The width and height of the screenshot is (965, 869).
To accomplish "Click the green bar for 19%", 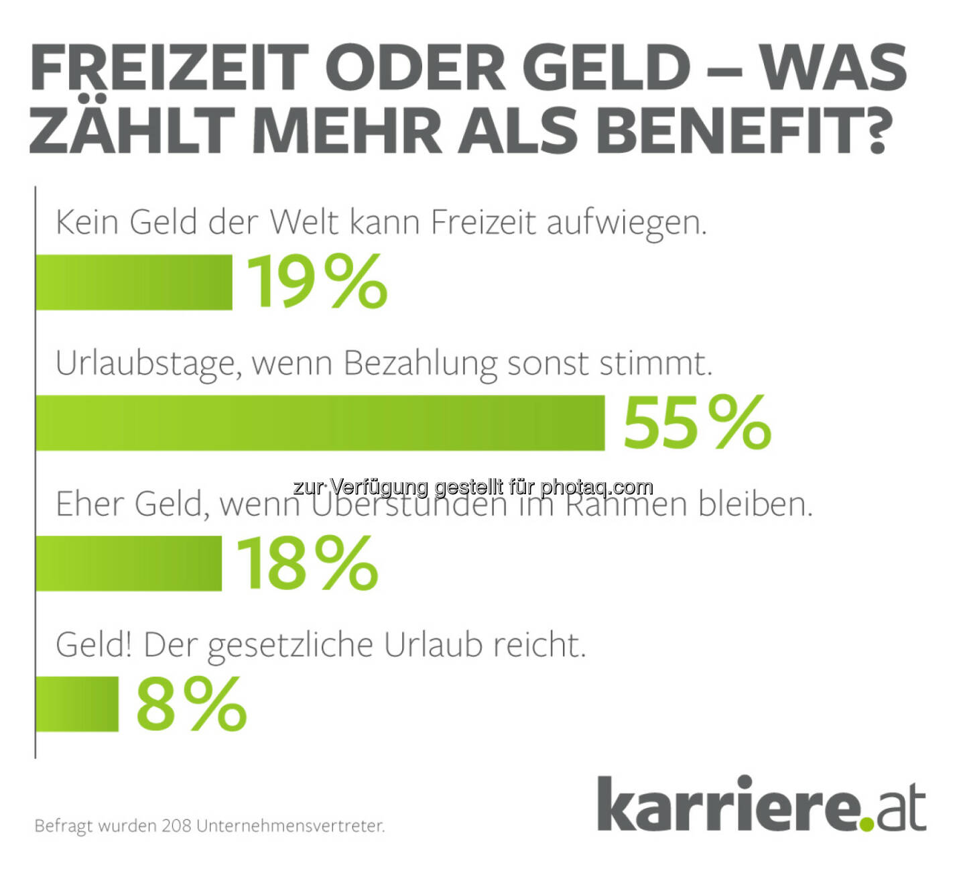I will click(134, 282).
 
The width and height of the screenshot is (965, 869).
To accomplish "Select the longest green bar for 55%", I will click(320, 423).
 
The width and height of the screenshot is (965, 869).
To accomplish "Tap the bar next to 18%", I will click(129, 563).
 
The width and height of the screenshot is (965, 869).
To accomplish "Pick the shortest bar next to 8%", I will click(77, 704).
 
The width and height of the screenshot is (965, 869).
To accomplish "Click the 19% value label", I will click(317, 282).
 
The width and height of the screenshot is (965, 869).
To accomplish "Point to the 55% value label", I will click(697, 422).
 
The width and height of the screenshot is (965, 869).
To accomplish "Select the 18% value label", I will click(308, 563).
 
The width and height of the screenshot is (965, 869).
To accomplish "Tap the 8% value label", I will click(192, 704).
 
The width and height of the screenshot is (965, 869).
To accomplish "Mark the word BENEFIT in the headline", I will click(741, 129).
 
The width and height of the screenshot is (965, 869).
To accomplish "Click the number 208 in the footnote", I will click(177, 826).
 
